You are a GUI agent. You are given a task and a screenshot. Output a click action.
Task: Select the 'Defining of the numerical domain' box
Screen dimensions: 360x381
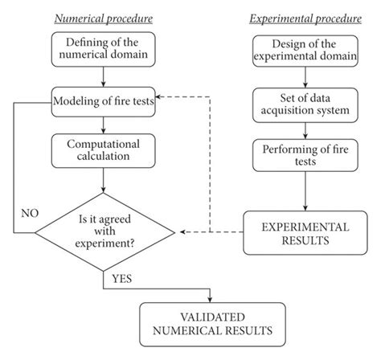point(104,49)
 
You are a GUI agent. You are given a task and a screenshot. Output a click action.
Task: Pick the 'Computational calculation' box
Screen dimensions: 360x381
point(104,150)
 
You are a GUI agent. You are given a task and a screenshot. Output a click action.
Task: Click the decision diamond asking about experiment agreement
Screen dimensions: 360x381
point(104,232)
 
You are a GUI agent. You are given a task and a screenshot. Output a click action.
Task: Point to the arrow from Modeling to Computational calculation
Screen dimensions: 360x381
point(104,125)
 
